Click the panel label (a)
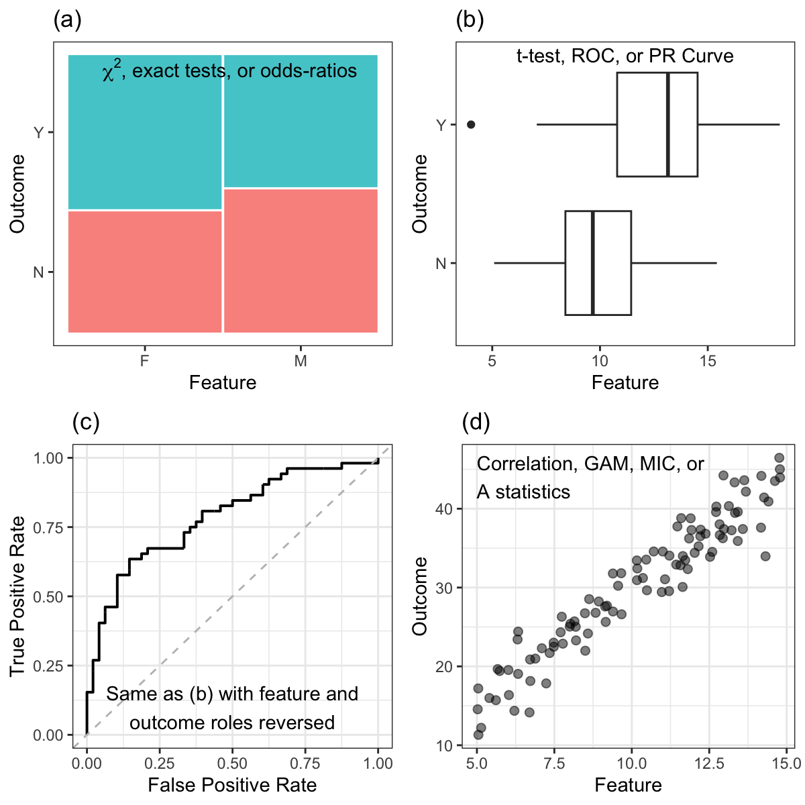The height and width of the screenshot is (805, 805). pos(67,21)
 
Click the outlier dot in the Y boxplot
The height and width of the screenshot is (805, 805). pos(471,124)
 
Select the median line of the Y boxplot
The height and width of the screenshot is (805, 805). pos(667,124)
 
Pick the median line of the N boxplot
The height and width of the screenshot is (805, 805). pos(593,263)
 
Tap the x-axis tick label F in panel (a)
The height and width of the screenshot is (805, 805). pos(144,361)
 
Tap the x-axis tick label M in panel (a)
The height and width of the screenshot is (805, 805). pos(301,361)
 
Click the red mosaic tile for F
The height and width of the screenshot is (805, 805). pos(145,271)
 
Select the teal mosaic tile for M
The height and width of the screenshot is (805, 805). pos(301,121)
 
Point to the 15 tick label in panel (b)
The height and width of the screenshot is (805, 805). pos(708,361)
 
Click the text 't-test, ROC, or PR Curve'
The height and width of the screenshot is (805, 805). pos(625,56)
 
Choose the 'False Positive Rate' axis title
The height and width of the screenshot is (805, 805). pos(232,785)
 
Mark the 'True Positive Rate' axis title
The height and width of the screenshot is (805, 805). pos(17,596)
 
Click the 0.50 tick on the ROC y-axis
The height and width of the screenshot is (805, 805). pos(49,596)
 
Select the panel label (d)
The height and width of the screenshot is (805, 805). pos(476,423)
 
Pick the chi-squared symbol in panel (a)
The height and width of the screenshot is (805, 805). pos(111,72)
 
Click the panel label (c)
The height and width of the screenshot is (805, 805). pos(86,423)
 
